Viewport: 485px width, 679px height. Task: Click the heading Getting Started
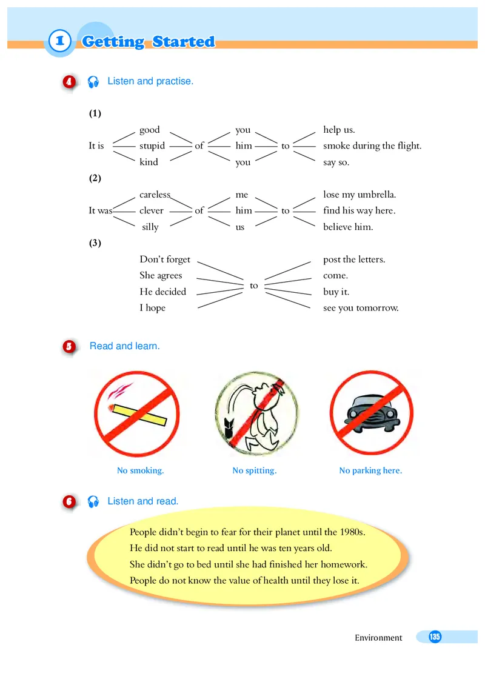coord(148,42)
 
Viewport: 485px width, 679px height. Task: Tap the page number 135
coord(434,637)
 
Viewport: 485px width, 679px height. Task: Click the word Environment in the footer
coord(378,638)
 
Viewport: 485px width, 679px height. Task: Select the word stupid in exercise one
coord(152,145)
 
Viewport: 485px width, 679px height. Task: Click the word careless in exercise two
coord(155,195)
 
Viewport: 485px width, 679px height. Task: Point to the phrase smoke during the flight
coord(372,145)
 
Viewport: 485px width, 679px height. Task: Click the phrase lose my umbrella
coord(360,195)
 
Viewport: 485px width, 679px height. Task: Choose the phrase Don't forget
coord(165,259)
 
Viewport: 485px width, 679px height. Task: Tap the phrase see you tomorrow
coord(361,308)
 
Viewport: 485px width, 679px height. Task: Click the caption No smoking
coord(141,470)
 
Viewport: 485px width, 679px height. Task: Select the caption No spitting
coord(255,470)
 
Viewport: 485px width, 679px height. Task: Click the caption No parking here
coord(370,470)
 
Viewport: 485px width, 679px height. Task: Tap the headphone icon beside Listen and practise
coord(93,82)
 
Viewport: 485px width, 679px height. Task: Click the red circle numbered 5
coord(70,347)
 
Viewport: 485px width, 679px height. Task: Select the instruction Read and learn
coord(125,346)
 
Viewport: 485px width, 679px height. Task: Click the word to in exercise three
coord(254,285)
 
